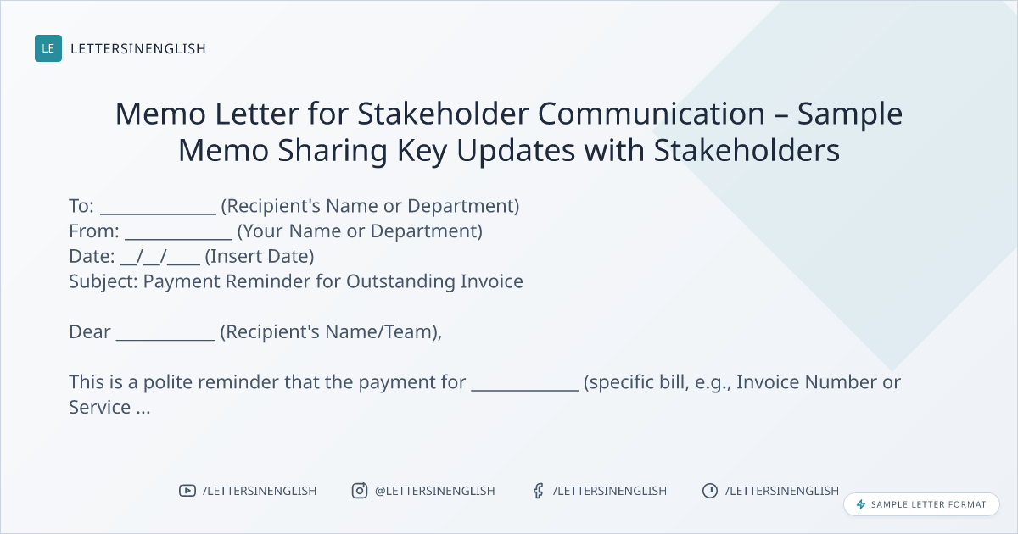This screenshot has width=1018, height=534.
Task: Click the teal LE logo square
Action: point(48,48)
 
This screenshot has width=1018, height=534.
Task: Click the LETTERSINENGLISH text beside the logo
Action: point(138,48)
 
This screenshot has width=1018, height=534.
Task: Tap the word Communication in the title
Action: point(652,114)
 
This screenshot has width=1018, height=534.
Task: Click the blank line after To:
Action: point(158,214)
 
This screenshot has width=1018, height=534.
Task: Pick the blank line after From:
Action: point(179,238)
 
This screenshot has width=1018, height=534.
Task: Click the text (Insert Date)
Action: point(260,257)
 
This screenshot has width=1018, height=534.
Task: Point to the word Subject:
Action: point(103,282)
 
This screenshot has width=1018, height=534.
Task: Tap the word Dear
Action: point(90,332)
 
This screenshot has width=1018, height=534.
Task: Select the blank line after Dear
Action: point(165,339)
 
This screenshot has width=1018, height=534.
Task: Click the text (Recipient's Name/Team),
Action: point(331,332)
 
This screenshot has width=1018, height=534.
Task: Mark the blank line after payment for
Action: point(525,390)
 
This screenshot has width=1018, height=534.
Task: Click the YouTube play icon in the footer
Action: point(187,491)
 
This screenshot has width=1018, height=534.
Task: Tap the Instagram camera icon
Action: point(360,491)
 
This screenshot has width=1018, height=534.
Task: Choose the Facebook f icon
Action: point(538,491)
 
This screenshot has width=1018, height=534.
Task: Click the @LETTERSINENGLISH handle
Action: point(435,491)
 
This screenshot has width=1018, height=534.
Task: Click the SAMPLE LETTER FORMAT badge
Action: point(921,504)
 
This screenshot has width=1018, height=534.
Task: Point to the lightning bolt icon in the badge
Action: point(861,504)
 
